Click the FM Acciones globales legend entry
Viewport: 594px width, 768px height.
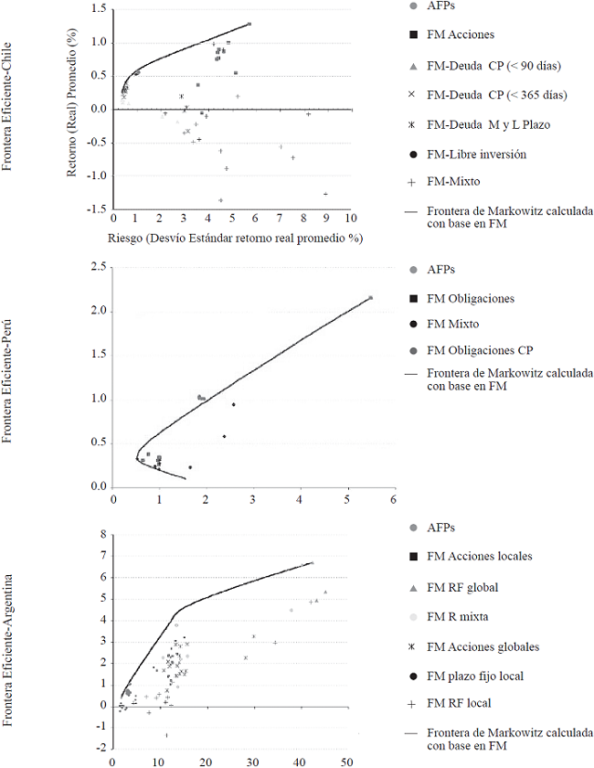[483, 646]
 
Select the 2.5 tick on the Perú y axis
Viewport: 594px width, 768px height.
[97, 266]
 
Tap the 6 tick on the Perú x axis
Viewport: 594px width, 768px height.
[393, 500]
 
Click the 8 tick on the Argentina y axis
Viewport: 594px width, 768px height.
[103, 535]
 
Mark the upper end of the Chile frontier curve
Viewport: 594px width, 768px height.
[249, 24]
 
